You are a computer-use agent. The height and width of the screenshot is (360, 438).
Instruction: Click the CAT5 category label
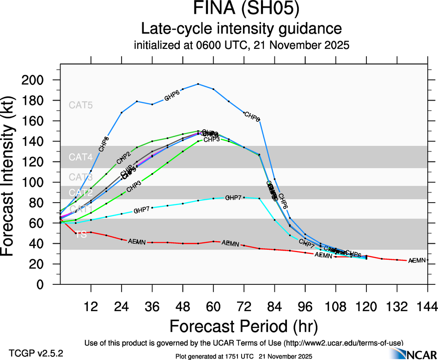pos(81,105)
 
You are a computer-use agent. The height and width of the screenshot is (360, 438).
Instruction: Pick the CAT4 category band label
pos(81,157)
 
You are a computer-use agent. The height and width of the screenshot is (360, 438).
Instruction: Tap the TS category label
pos(81,234)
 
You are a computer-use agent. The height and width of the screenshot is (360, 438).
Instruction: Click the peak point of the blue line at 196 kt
pos(198,84)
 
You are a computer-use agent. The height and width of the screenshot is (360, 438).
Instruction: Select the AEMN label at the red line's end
pos(418,261)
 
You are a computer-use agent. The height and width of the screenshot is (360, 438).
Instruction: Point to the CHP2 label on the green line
pos(123,156)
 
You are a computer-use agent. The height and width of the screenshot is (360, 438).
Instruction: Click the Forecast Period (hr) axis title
pos(243,326)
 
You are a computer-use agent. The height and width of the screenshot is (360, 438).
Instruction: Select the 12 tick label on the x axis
pos(91,306)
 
